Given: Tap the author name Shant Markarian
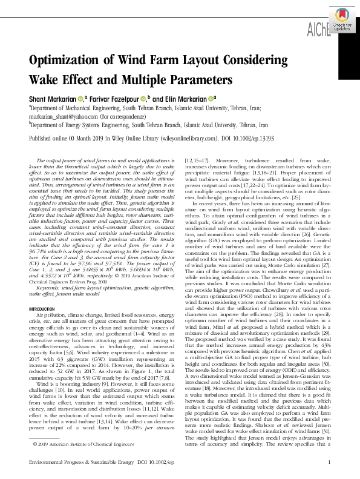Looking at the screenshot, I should (54, 99).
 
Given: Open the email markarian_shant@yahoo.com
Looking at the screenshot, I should (63, 115).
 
